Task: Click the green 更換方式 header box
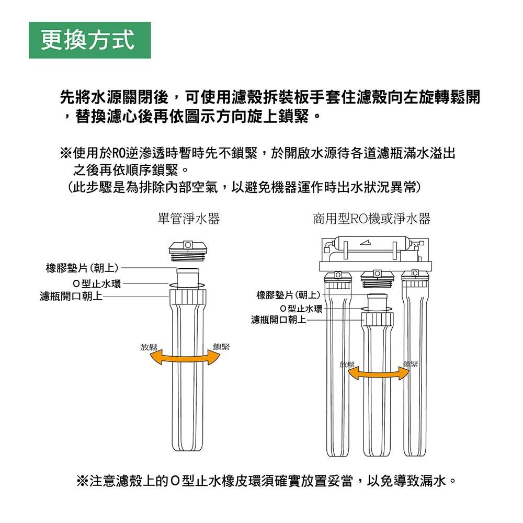coord(90,40)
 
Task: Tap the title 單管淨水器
coord(189,219)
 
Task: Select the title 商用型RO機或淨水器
coord(371,219)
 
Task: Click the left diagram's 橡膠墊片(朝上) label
coord(82,268)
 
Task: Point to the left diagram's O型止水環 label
coord(97,284)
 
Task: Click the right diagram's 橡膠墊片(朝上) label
coord(288,295)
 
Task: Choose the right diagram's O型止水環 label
coord(301,309)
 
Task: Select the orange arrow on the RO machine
coord(378,374)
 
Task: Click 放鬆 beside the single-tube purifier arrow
coord(149,347)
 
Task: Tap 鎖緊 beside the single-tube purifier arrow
coord(221,347)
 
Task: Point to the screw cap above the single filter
coord(188,251)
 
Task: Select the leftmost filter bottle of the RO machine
coord(338,363)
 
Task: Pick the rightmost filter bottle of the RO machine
coord(415,363)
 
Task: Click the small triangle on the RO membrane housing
coord(365,243)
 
